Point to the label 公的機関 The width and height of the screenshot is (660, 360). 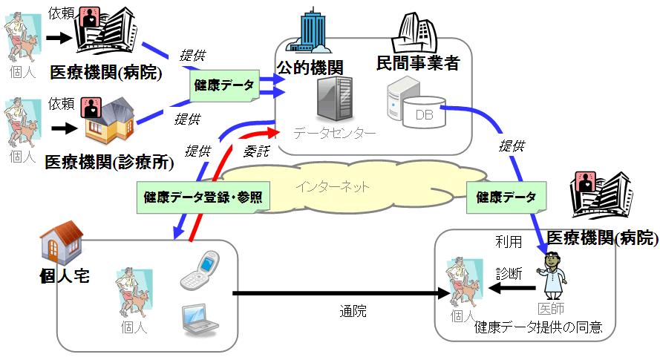click(x=310, y=66)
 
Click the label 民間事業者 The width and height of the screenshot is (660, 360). click(x=418, y=63)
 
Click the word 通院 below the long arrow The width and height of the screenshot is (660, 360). click(x=353, y=311)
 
